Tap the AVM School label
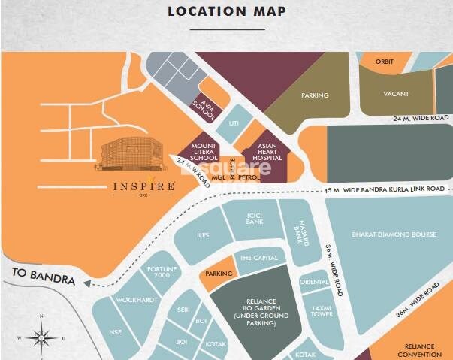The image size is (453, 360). pyautogui.click(x=205, y=110)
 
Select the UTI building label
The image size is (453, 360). pyautogui.click(x=234, y=123)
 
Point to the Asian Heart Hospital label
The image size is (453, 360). pyautogui.click(x=268, y=153)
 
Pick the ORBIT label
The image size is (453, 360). pyautogui.click(x=385, y=62)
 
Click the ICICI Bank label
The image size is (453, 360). pyautogui.click(x=255, y=219)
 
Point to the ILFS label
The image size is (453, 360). pyautogui.click(x=204, y=235)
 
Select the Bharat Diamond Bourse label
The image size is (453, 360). pyautogui.click(x=394, y=234)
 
